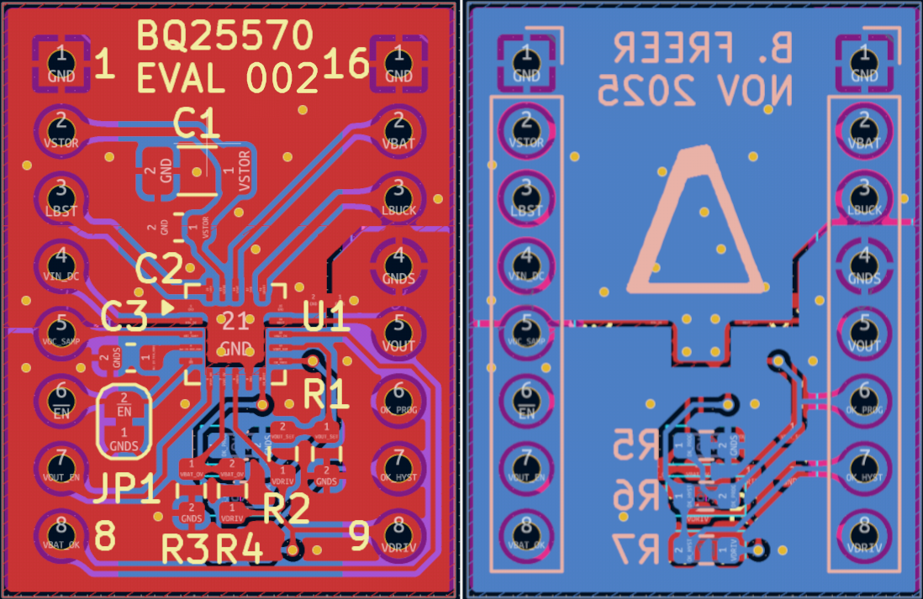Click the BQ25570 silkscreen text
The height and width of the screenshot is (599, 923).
pos(225,36)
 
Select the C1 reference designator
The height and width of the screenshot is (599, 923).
pos(197,124)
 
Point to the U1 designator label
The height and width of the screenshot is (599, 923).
pos(325,318)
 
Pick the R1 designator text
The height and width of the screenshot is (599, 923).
pos(326,393)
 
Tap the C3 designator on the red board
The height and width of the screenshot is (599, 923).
pos(124,317)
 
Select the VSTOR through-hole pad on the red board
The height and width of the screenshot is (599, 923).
pos(61,129)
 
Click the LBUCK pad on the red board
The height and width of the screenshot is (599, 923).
pos(398,196)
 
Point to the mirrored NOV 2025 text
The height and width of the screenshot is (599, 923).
pos(694,90)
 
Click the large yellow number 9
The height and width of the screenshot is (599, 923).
pos(359,535)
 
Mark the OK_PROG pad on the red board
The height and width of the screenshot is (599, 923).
pos(398,399)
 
